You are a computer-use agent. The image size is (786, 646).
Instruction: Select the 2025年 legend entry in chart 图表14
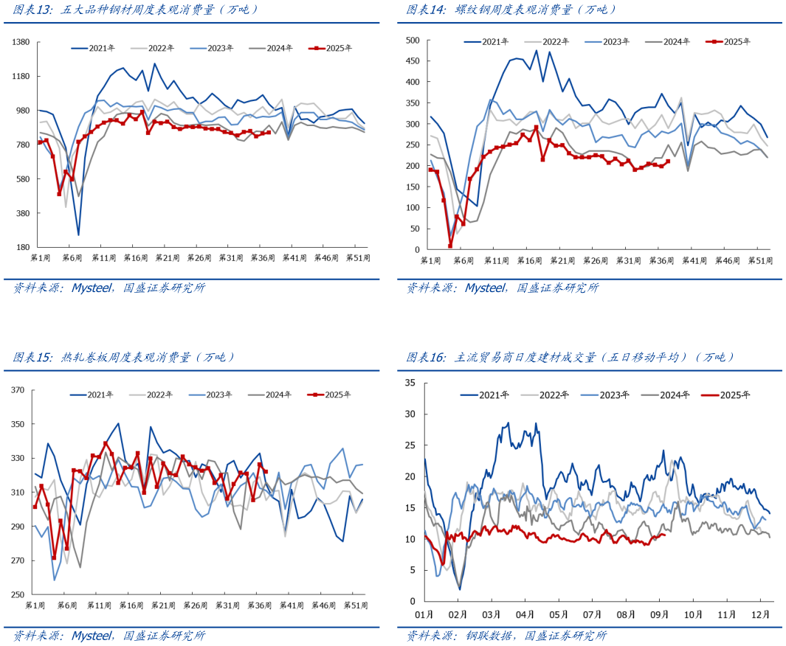tap(737, 42)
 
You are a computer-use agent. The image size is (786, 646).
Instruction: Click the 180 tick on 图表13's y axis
tap(22, 248)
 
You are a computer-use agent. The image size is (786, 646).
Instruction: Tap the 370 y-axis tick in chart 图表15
tap(18, 390)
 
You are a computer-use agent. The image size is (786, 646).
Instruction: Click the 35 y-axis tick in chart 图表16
tap(411, 382)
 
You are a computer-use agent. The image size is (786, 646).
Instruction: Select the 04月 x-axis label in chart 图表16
tap(525, 614)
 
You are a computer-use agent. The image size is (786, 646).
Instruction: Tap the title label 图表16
tap(426, 357)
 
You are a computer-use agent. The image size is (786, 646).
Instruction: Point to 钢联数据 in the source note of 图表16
tap(489, 636)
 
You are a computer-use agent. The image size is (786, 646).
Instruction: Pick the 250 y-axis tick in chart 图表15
tap(18, 594)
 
